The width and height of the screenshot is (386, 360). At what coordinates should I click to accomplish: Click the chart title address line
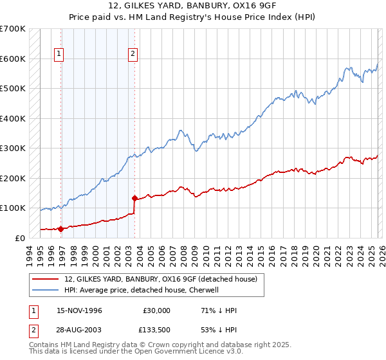pyautogui.click(x=192, y=6)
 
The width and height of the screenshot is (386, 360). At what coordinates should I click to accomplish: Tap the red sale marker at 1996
pyautogui.click(x=61, y=228)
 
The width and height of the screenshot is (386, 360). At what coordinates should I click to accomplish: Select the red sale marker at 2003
pyautogui.click(x=134, y=198)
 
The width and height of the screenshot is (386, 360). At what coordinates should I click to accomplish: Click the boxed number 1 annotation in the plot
pyautogui.click(x=59, y=55)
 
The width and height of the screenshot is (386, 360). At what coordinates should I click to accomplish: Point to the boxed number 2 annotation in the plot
pyautogui.click(x=133, y=55)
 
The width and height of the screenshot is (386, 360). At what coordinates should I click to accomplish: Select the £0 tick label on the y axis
pyautogui.click(x=19, y=238)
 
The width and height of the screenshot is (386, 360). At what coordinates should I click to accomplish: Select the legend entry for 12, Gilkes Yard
pyautogui.click(x=160, y=279)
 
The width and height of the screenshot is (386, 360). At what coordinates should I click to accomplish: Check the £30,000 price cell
pyautogui.click(x=156, y=310)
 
